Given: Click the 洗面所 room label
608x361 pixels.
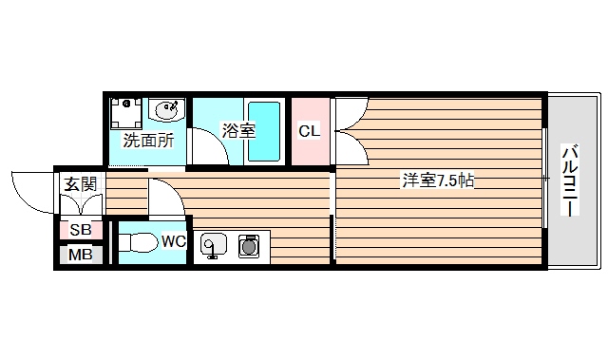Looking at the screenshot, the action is coord(147,141).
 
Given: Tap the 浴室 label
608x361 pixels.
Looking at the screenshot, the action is coord(237,131).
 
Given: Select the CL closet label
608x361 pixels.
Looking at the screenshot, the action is coord(310,131).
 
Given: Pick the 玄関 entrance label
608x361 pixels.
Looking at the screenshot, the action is coord(79,184).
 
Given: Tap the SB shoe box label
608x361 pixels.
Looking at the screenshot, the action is coord(80,230).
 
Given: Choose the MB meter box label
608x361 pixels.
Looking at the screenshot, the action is coord(80,255).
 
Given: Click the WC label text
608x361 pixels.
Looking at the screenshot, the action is coord(172,241).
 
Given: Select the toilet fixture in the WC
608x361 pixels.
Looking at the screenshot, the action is coord(137,243).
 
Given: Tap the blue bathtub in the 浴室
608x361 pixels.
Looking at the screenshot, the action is coord(264,131).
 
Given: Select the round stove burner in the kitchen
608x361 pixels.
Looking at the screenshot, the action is coord(250,246).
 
